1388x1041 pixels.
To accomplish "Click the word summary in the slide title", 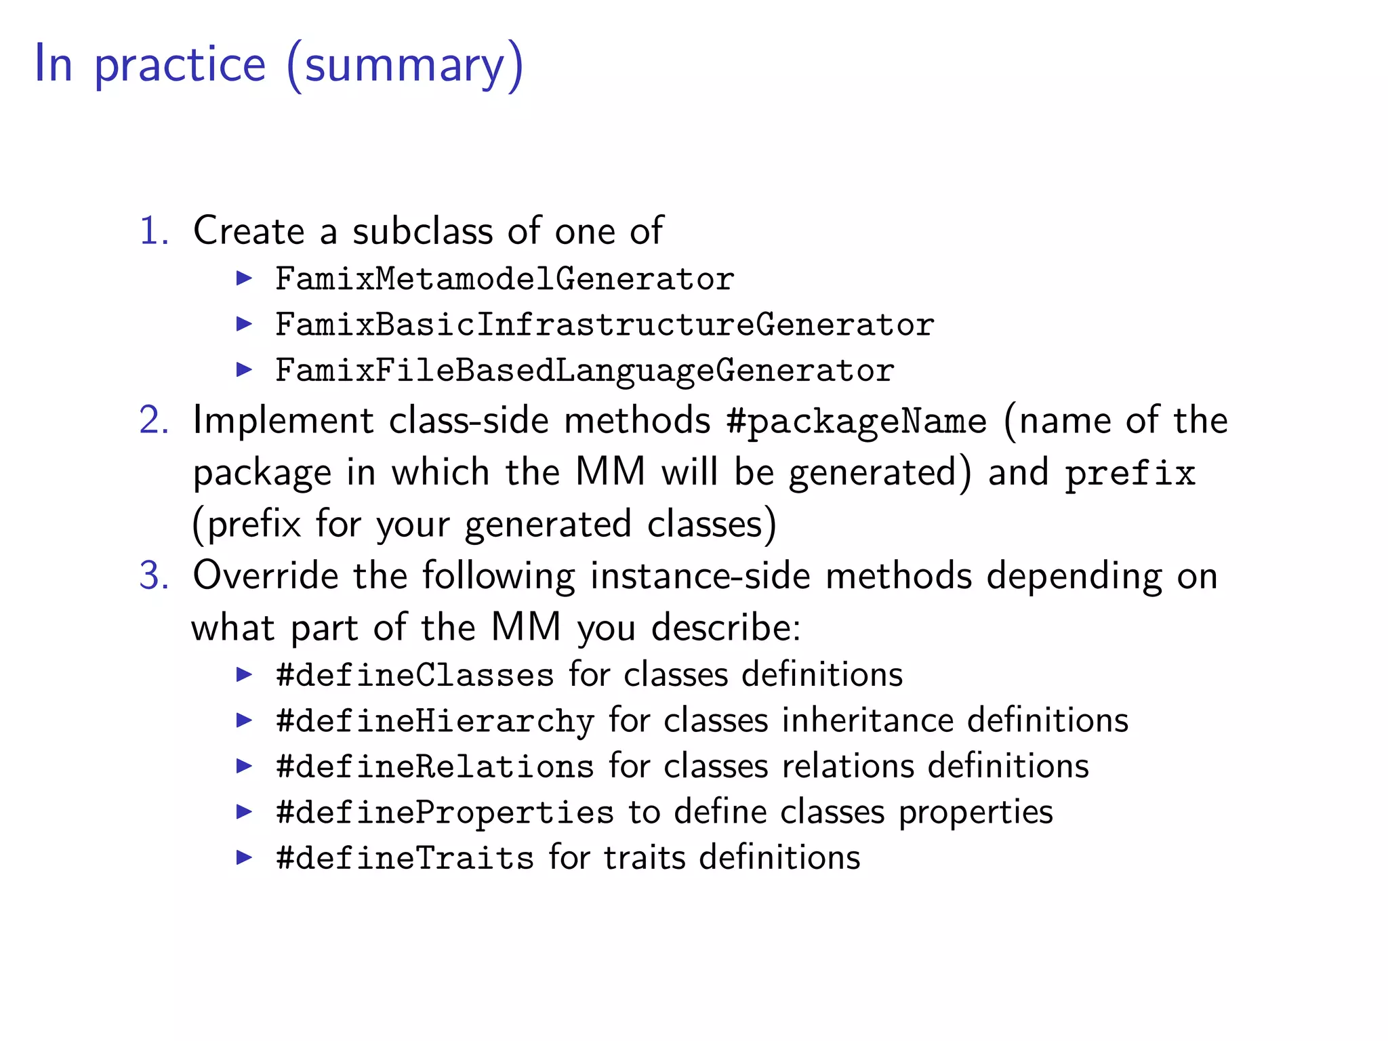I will (405, 65).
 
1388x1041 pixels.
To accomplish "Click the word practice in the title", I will (180, 65).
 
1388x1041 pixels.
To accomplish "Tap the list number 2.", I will (153, 420).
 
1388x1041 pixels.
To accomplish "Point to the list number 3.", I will (153, 575).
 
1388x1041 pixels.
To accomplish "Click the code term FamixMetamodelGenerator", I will (504, 279).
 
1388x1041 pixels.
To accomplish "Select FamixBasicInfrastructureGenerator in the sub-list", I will (605, 324).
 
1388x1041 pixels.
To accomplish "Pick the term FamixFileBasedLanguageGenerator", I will (584, 370).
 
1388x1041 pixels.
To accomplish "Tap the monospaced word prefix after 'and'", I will (1130, 472).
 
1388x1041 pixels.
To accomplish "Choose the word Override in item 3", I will (265, 575).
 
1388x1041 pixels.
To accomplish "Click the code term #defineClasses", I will (415, 675).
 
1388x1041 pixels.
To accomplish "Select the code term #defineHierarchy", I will (434, 720).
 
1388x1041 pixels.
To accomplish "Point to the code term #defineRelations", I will (434, 767).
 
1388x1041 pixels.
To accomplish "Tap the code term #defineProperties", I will (445, 812).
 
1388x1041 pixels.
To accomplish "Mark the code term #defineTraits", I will (405, 858).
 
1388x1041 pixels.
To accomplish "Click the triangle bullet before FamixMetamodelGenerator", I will (244, 278).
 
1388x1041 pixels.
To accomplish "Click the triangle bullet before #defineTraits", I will (244, 857).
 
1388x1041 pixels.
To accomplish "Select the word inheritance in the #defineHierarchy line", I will (867, 720).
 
